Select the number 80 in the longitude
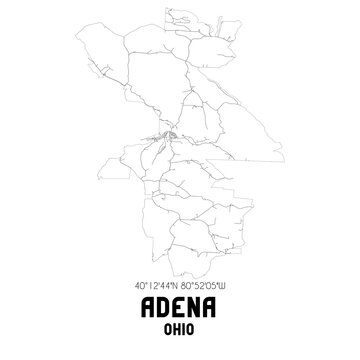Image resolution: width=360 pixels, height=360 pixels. click(188, 286)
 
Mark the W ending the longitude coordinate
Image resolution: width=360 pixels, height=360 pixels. click(231, 286)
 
